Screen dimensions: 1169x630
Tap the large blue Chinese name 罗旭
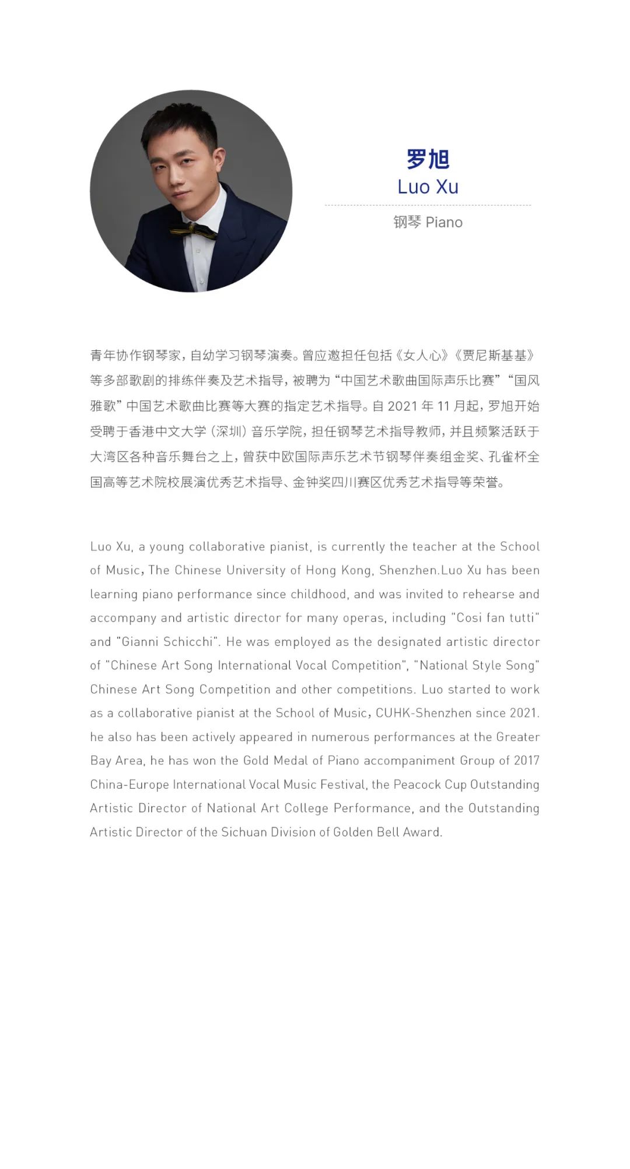428,159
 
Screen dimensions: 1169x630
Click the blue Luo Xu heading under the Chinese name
428,187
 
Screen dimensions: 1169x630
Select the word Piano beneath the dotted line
444,222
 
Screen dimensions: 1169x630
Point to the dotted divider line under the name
428,205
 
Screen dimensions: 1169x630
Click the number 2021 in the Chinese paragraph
402,406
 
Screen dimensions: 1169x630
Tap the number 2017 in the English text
526,761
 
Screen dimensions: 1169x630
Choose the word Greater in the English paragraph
517,737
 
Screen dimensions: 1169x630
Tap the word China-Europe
129,785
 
